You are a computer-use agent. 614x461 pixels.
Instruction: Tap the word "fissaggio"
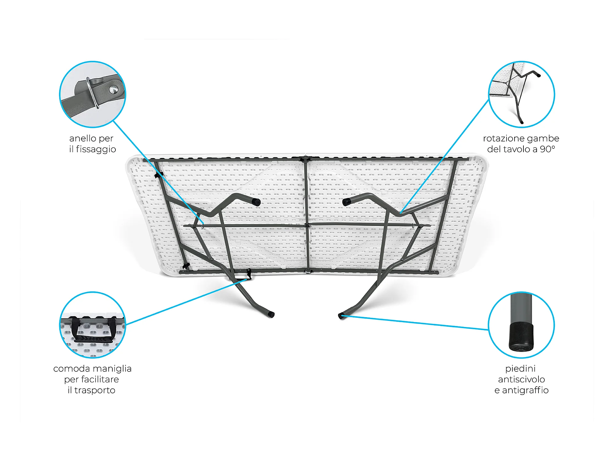point(96,149)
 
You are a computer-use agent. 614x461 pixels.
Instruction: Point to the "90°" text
point(547,149)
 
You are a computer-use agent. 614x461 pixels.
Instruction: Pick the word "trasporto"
point(95,390)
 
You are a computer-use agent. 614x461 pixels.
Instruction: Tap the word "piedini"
point(521,368)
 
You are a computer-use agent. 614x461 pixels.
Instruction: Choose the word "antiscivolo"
point(521,380)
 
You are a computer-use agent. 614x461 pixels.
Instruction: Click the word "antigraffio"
point(525,390)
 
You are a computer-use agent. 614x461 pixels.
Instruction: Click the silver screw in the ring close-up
point(114,90)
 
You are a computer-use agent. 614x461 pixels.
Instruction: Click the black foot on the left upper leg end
point(256,202)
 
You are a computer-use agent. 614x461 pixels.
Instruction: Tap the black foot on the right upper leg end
point(347,202)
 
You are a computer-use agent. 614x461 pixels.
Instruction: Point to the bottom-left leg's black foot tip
point(271,314)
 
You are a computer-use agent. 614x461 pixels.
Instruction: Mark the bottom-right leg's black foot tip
point(341,316)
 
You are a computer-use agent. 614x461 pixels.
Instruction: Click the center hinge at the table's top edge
point(305,159)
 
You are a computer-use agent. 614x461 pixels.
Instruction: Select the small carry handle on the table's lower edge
point(249,274)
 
